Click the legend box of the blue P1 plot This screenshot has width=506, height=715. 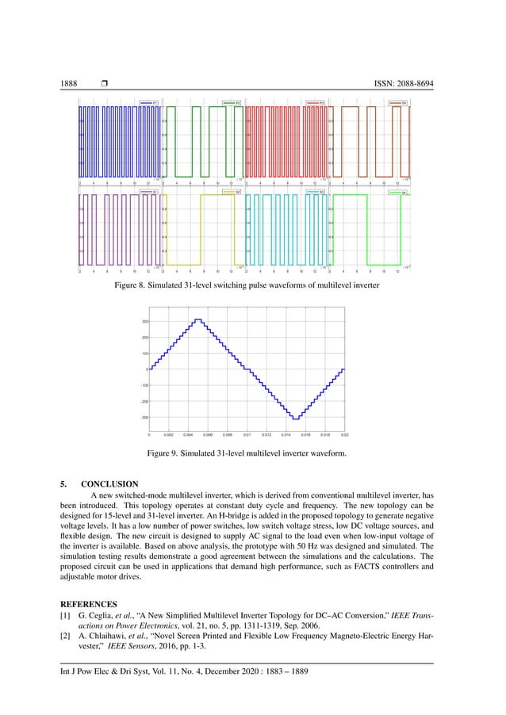point(148,103)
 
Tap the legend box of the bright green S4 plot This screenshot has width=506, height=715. point(399,192)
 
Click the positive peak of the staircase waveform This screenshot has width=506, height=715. point(198,319)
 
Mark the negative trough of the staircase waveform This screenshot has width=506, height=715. point(295,418)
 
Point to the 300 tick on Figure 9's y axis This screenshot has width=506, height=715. point(145,321)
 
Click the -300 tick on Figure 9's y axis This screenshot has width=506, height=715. point(144,417)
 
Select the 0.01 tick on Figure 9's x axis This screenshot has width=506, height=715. point(247,434)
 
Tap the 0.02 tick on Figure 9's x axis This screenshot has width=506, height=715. point(344,434)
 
